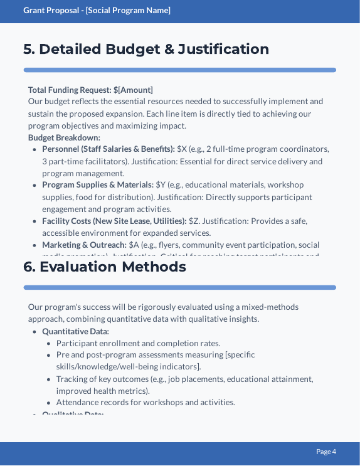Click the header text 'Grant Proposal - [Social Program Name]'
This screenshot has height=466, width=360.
[97, 11]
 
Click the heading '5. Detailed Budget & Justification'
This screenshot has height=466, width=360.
[146, 49]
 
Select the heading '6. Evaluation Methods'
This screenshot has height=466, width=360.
[105, 267]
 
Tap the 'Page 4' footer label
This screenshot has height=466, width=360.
[326, 452]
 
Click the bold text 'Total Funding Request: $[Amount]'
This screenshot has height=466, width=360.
[90, 90]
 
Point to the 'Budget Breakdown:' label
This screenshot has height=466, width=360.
[64, 137]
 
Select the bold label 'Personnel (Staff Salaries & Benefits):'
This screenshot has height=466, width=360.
[109, 149]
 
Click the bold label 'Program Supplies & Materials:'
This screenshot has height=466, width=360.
[98, 185]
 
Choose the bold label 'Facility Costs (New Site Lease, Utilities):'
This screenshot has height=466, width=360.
[114, 221]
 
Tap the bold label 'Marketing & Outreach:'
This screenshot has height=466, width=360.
[84, 245]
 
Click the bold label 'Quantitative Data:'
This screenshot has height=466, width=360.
[75, 331]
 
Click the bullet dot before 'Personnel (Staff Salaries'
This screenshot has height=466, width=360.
[34, 149]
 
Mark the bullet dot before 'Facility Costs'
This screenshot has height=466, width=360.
[34, 221]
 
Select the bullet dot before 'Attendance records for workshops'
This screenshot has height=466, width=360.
[49, 403]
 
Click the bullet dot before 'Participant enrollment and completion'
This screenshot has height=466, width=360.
[49, 344]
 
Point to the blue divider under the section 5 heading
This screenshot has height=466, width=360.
[179, 70]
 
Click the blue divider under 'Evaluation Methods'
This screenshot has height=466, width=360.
[179, 287]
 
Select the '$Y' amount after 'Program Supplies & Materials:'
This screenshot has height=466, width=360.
[161, 185]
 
